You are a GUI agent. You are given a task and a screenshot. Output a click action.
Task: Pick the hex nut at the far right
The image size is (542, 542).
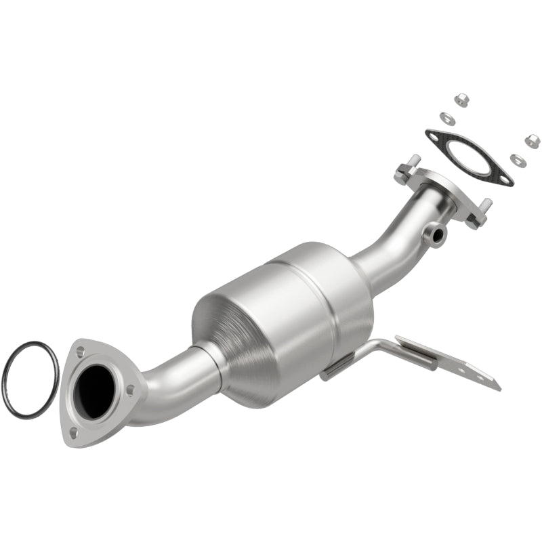532,141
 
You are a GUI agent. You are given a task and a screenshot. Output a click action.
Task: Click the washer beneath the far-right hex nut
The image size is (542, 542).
517,160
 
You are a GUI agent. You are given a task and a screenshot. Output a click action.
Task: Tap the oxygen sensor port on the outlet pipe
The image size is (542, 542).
436,234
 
